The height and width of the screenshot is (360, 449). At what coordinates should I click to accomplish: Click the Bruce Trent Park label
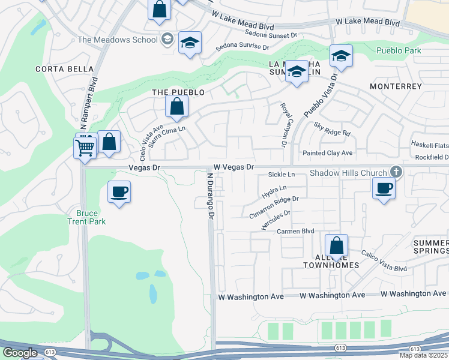click(x=91, y=217)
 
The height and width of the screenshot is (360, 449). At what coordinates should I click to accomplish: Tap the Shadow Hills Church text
click(x=348, y=173)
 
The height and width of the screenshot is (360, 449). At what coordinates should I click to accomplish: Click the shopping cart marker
click(x=85, y=147)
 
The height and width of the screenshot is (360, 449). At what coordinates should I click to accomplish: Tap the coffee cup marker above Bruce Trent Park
click(x=119, y=192)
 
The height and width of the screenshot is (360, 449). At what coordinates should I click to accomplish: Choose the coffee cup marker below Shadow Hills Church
click(x=383, y=188)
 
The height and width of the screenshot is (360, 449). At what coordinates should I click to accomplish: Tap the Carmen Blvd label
click(x=295, y=231)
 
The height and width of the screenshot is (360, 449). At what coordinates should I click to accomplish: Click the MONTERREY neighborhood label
click(x=396, y=86)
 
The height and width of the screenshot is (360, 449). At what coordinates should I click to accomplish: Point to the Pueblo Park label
click(x=399, y=51)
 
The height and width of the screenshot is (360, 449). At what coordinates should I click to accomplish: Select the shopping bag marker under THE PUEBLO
click(x=177, y=107)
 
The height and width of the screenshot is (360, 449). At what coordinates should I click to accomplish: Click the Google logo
click(x=20, y=353)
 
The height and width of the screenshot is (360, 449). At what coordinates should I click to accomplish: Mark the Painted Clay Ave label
click(x=327, y=153)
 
